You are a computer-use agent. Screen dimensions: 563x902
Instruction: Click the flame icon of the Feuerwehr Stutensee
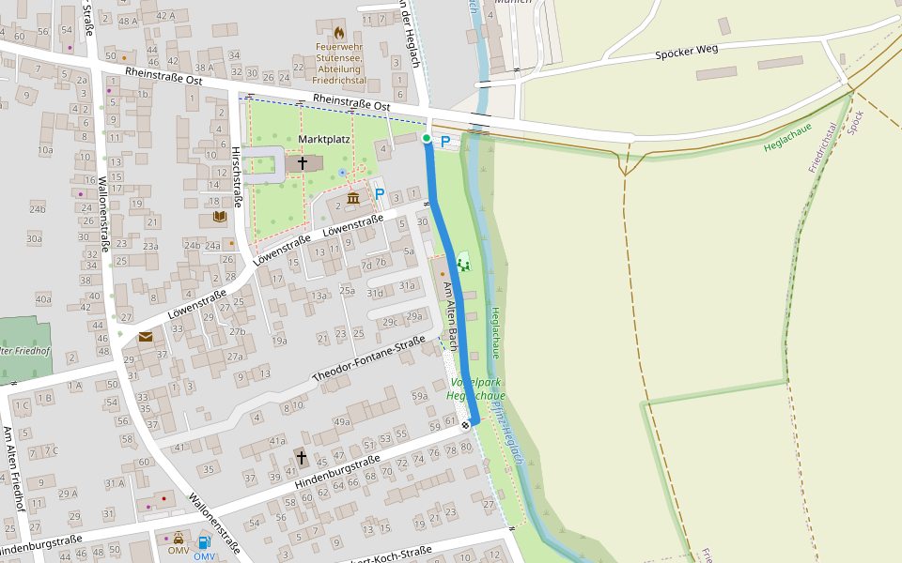click(x=338, y=33)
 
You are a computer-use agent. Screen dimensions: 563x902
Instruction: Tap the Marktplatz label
click(x=324, y=139)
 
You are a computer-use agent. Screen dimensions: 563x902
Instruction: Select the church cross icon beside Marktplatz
click(x=303, y=163)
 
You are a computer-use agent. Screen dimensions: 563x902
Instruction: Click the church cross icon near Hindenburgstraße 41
click(x=301, y=457)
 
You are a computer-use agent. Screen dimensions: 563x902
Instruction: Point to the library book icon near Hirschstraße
click(x=219, y=217)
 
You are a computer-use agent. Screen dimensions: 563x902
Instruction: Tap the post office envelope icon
click(x=146, y=336)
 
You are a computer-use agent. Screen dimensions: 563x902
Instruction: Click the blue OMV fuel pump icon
click(x=204, y=541)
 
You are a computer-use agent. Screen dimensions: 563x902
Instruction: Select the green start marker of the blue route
click(x=427, y=139)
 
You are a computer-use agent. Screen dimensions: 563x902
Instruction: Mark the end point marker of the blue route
click(x=465, y=425)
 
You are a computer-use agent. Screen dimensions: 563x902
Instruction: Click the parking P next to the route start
click(x=445, y=142)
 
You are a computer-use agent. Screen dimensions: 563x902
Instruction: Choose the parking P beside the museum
click(x=380, y=194)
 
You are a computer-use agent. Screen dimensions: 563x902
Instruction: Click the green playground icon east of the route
click(x=462, y=264)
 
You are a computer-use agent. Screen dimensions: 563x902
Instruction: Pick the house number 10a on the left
click(x=45, y=150)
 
